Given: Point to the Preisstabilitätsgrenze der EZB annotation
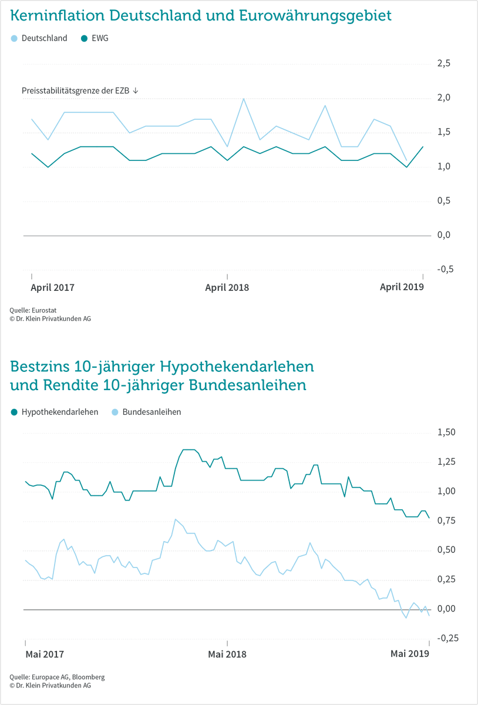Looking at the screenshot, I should click(80, 90).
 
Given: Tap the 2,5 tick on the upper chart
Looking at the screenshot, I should click(443, 63).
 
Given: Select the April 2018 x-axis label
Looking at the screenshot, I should click(227, 287).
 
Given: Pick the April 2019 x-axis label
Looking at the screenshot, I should click(402, 287).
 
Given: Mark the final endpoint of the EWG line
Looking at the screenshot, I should click(422, 147).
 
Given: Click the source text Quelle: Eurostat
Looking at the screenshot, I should click(33, 310).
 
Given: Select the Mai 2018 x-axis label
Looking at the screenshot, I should click(227, 654).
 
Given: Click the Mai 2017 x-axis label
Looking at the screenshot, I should click(45, 654).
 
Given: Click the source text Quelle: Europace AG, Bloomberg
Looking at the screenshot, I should click(57, 677).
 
